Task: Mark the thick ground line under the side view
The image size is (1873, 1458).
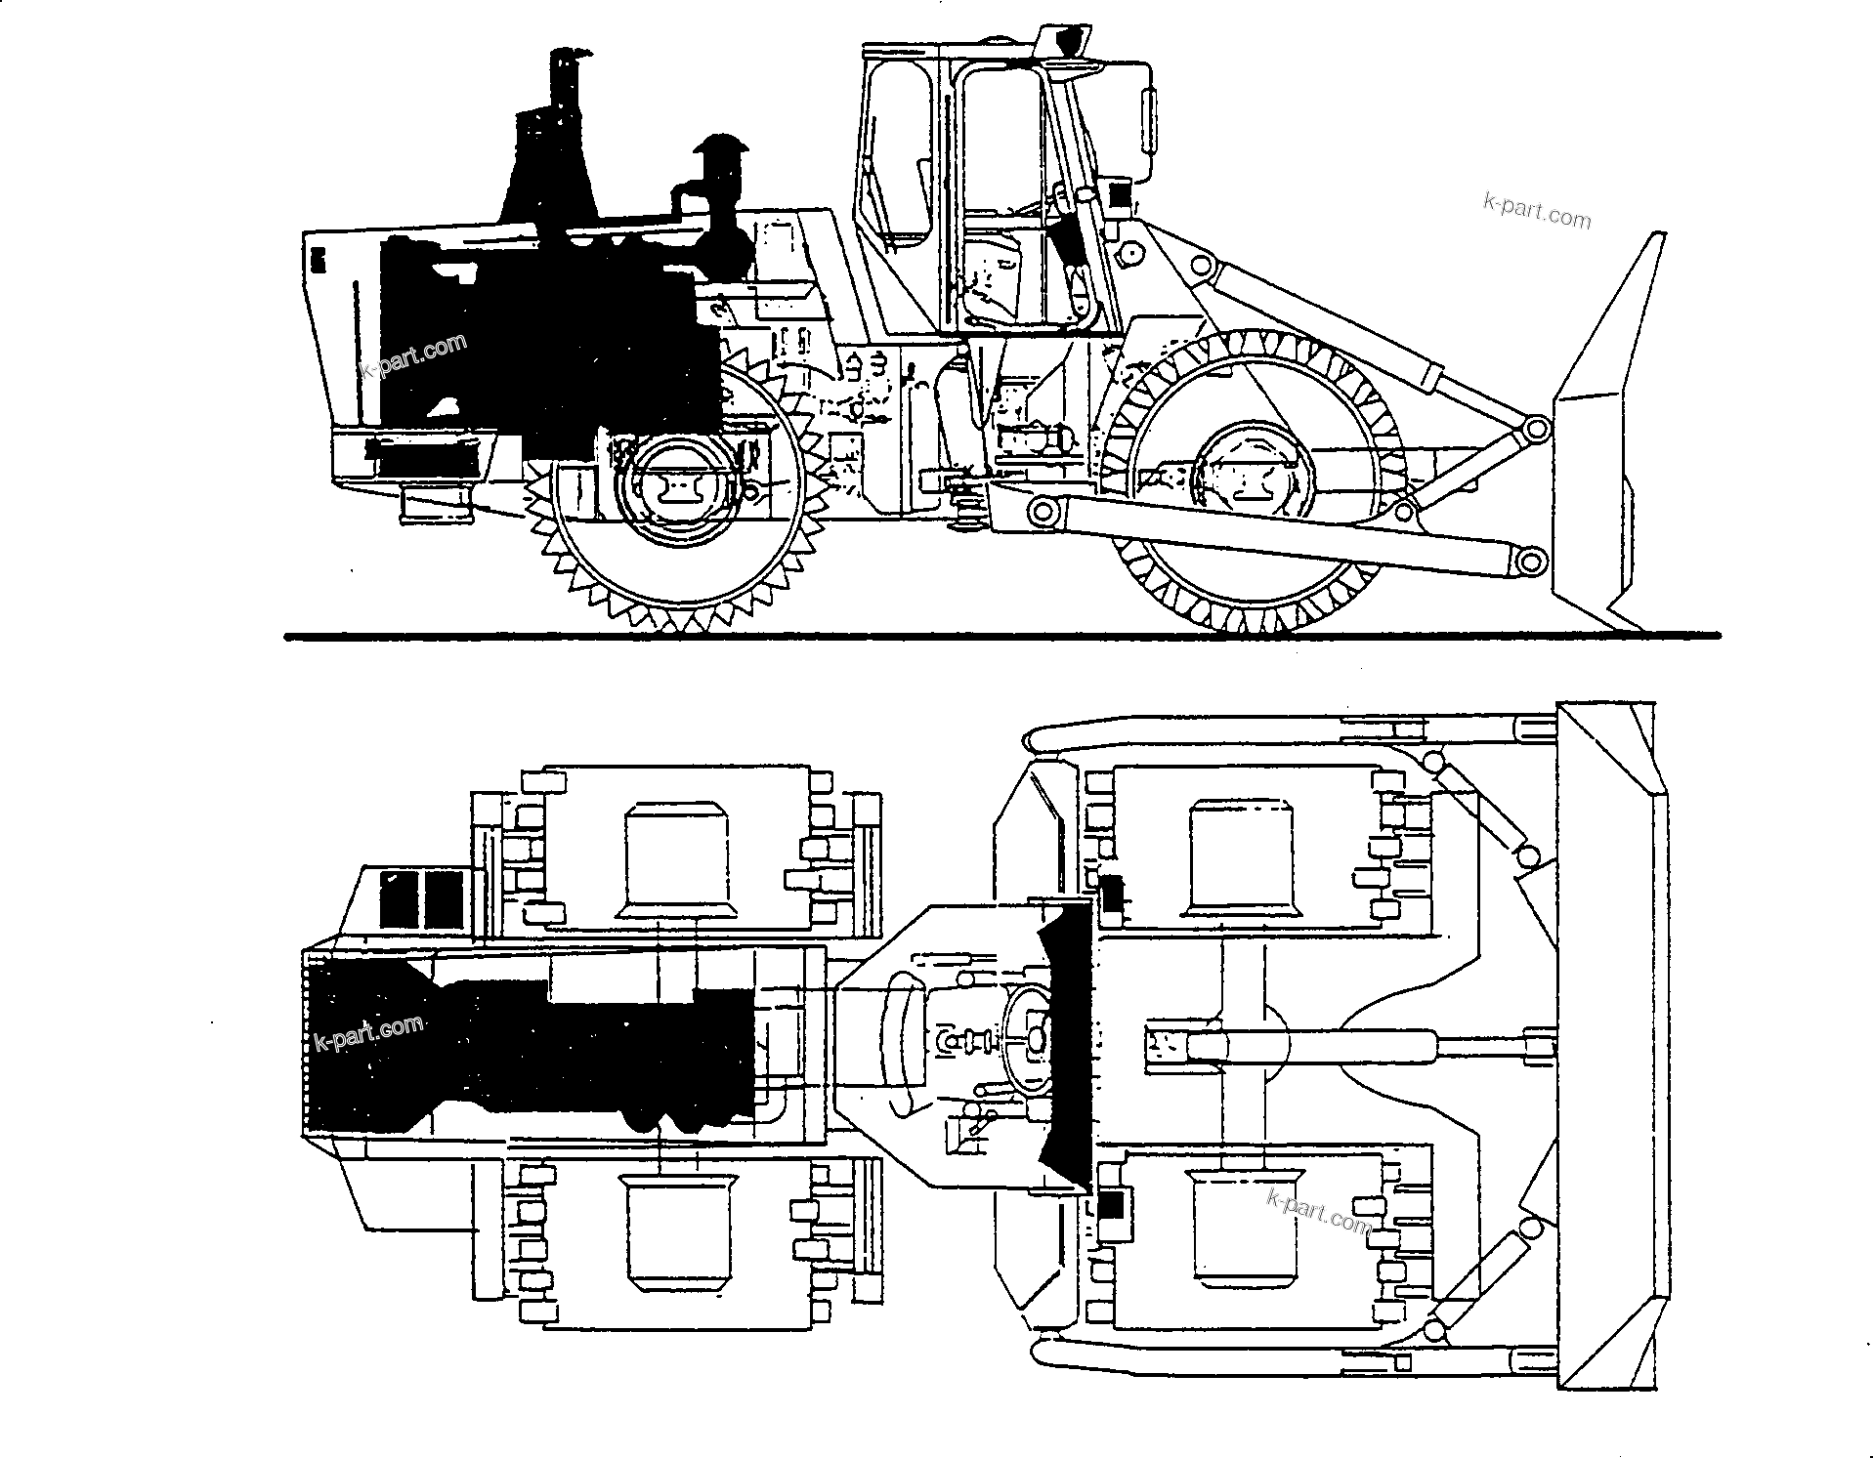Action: (1001, 637)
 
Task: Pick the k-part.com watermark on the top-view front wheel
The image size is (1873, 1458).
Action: (1319, 1211)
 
